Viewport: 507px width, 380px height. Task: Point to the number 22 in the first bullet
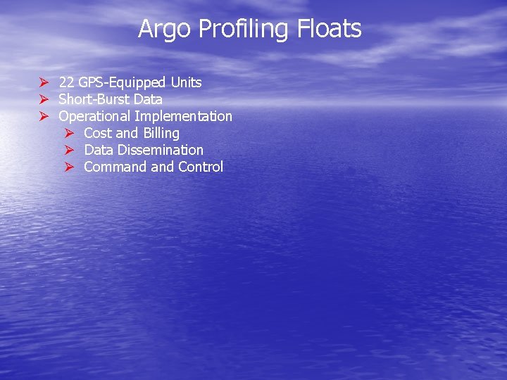(x=67, y=82)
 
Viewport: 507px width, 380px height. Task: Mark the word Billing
(x=161, y=134)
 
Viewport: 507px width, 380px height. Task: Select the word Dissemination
(x=161, y=150)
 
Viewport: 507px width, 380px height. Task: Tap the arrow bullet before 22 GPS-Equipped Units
(x=43, y=83)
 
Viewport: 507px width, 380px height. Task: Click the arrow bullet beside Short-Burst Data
(x=43, y=100)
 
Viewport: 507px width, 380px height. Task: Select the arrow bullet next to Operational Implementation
(x=43, y=117)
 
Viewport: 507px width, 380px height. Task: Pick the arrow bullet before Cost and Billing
(x=69, y=134)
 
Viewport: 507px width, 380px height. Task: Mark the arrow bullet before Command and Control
(x=69, y=167)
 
